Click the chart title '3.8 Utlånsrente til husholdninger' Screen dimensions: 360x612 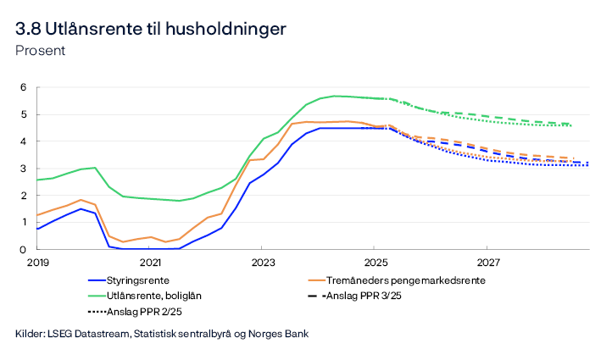click(150, 29)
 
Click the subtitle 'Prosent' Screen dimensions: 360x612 click(40, 50)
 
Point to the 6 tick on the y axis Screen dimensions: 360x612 click(25, 87)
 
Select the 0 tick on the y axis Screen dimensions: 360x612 click(25, 250)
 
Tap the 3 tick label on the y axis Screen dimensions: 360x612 click(25, 169)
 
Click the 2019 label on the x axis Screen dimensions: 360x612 click(37, 263)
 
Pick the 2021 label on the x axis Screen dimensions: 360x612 click(150, 263)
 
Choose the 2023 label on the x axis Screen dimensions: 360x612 click(262, 263)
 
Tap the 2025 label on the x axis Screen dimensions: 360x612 click(375, 263)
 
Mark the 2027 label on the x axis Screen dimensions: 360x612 click(487, 263)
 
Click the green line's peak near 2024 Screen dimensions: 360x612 click(336, 96)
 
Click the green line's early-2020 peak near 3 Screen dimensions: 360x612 click(94, 168)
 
